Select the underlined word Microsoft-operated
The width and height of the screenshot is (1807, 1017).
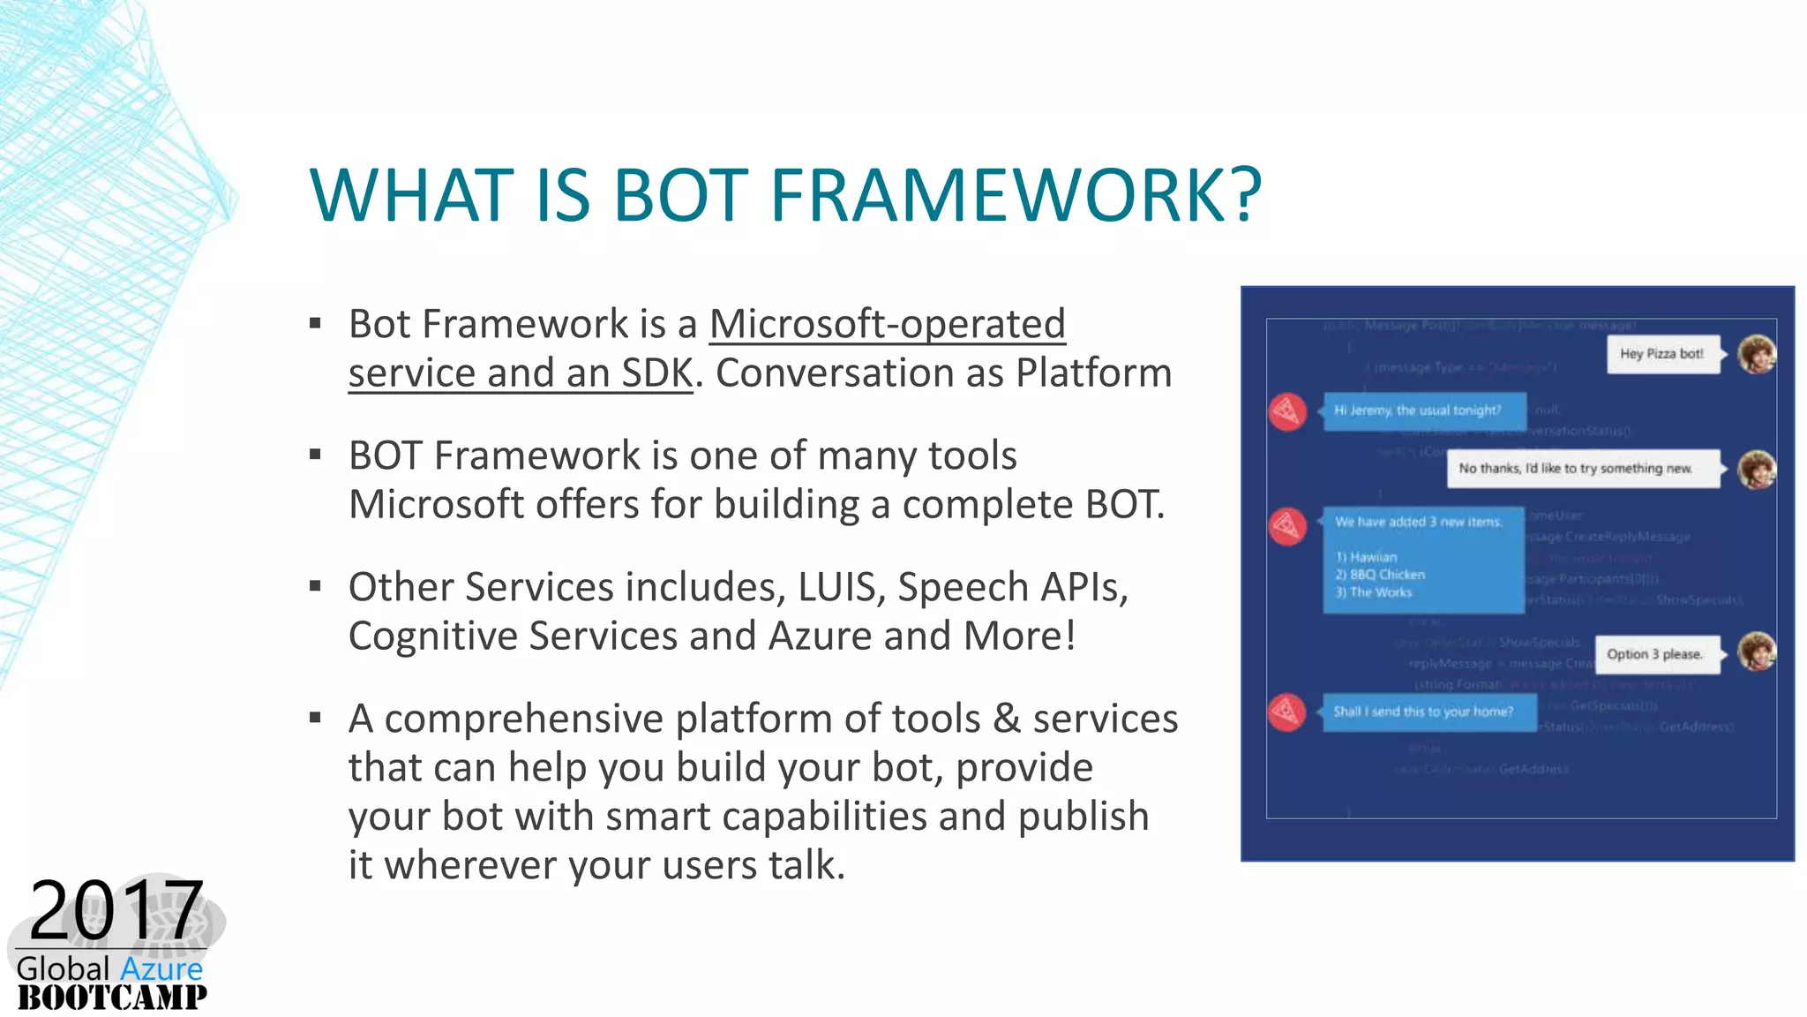click(x=887, y=324)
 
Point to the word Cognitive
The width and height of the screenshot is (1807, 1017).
click(x=432, y=637)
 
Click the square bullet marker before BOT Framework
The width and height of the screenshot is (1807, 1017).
click(x=315, y=456)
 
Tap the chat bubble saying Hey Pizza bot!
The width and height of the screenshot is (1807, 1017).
click(x=1662, y=354)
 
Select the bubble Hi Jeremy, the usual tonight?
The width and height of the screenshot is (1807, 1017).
click(x=1422, y=411)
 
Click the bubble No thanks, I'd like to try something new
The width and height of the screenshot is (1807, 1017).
click(x=1582, y=469)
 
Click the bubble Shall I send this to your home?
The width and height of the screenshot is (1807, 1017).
click(x=1427, y=712)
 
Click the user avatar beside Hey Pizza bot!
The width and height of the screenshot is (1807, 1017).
click(x=1756, y=354)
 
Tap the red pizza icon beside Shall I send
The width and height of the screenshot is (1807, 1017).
click(x=1287, y=712)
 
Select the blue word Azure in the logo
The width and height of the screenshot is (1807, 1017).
click(x=161, y=969)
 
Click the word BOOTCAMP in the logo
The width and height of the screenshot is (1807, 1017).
click(x=112, y=998)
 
